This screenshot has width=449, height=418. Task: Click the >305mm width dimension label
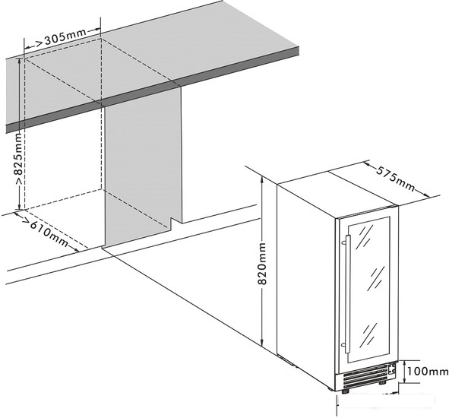coord(61,37)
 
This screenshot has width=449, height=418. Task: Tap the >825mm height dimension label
coord(18,160)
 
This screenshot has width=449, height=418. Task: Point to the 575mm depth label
coord(396,179)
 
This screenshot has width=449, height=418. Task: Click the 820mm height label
coord(262,264)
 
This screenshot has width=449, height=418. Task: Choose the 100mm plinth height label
coord(428,372)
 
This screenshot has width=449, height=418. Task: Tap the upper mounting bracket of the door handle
coord(344,243)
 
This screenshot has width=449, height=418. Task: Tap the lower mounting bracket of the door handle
coord(343,345)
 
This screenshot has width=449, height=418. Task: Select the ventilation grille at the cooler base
coord(364,375)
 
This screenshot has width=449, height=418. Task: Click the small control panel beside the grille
coord(392,369)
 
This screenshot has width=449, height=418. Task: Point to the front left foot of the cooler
coord(346,391)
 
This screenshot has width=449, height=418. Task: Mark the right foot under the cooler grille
coord(381,382)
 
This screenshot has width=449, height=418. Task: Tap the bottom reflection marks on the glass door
coord(370,335)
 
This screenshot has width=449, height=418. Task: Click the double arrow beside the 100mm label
coord(404,372)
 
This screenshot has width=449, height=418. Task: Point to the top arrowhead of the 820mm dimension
coord(261,180)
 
